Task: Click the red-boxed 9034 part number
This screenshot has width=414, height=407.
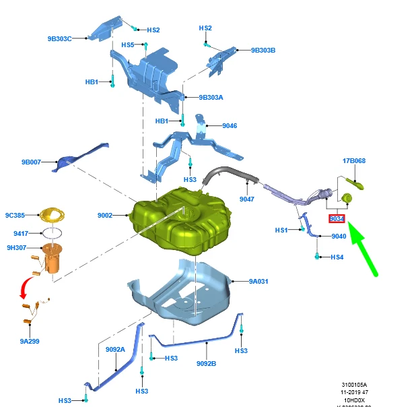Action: [337, 219]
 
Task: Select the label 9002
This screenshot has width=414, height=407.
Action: [105, 215]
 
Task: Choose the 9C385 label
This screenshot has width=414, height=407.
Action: [15, 215]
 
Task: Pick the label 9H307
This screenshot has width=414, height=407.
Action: [16, 247]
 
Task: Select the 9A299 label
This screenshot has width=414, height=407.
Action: [30, 342]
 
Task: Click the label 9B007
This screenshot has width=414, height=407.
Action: [31, 162]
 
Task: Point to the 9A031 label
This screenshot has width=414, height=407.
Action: [258, 281]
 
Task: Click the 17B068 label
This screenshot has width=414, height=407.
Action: [354, 161]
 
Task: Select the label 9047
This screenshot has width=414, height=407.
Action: [247, 199]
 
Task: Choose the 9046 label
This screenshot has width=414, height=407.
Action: [230, 125]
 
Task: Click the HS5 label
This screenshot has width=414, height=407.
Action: [129, 44]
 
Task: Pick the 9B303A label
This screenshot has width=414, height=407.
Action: [211, 97]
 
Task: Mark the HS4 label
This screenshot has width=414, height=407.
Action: [337, 257]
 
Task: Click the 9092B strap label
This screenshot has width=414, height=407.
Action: [206, 363]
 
